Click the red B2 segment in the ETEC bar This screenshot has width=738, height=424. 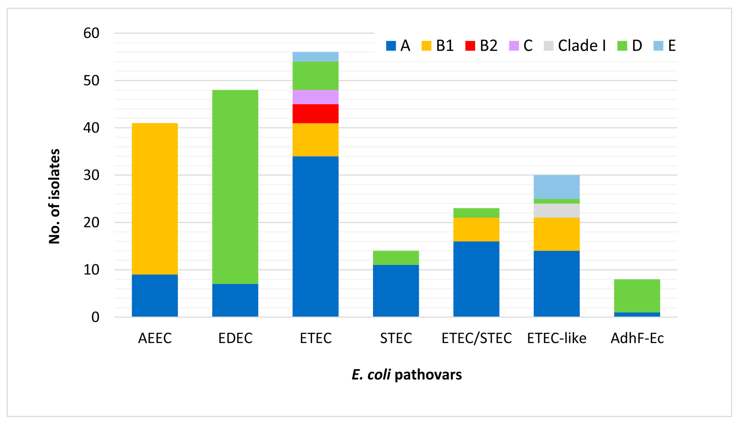[x=315, y=113]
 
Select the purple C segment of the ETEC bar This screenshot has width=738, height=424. [x=315, y=97]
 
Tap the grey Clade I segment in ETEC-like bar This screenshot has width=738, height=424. [x=556, y=210]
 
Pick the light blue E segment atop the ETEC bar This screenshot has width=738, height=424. [x=315, y=57]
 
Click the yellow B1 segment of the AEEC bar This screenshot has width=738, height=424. [x=155, y=199]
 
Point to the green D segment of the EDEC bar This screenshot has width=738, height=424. [x=235, y=187]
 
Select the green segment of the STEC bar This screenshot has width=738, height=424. [x=396, y=258]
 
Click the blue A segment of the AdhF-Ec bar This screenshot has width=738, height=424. [x=637, y=315]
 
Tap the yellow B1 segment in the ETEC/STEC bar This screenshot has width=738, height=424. [x=476, y=230]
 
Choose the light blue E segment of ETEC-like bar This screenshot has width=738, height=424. [x=556, y=187]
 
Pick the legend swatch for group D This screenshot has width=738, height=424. [x=622, y=46]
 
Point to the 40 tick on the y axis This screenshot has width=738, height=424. [x=91, y=128]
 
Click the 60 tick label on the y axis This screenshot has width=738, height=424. [x=91, y=33]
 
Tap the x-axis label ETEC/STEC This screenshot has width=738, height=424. [x=476, y=338]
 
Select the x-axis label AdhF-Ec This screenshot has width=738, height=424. [x=637, y=338]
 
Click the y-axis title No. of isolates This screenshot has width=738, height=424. [x=54, y=196]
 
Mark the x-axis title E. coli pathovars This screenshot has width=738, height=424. [x=407, y=375]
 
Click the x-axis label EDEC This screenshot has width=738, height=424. [x=235, y=338]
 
